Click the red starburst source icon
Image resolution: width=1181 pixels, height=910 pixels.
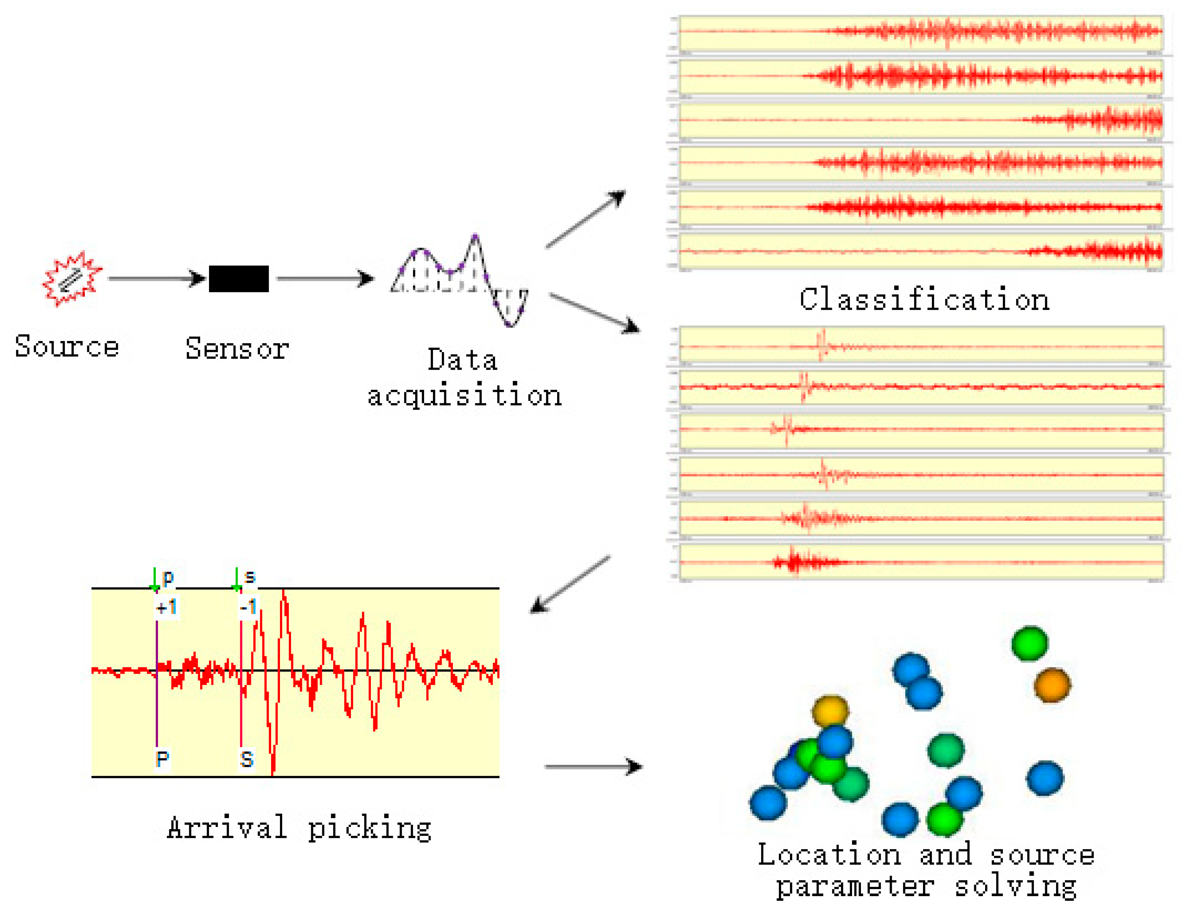pyautogui.click(x=72, y=279)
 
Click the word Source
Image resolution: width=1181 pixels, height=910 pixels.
pyautogui.click(x=66, y=347)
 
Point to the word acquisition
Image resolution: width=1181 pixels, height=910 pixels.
pyautogui.click(x=465, y=396)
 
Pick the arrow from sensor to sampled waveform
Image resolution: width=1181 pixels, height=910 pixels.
pyautogui.click(x=324, y=279)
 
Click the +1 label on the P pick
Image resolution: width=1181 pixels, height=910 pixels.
pyautogui.click(x=166, y=607)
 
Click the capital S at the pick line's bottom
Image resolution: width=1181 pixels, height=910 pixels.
pyautogui.click(x=247, y=759)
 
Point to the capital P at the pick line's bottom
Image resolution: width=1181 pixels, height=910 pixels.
pyautogui.click(x=162, y=759)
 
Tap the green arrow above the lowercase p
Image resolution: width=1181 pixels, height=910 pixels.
pyautogui.click(x=155, y=579)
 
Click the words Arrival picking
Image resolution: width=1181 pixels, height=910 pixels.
pyautogui.click(x=299, y=828)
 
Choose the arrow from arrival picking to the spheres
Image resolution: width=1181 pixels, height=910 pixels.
pyautogui.click(x=593, y=766)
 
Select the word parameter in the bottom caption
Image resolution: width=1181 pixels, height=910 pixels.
pyautogui.click(x=855, y=887)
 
